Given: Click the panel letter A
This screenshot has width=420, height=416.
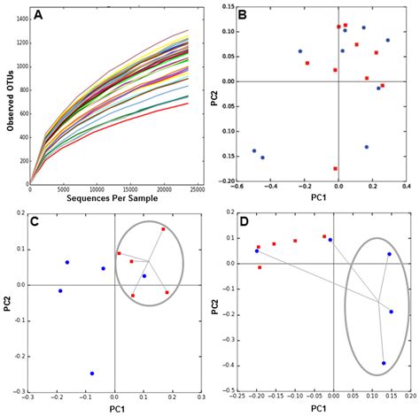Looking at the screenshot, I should [39, 15].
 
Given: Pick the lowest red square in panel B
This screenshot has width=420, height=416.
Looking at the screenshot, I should [336, 168].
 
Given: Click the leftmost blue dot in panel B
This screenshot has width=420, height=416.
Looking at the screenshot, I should [254, 150].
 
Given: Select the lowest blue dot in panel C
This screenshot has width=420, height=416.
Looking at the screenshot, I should [91, 374].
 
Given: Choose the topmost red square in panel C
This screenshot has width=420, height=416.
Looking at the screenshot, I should [163, 229].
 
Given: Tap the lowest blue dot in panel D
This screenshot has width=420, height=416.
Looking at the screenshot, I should [384, 363].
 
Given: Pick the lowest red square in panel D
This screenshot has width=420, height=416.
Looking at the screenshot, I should [260, 267].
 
